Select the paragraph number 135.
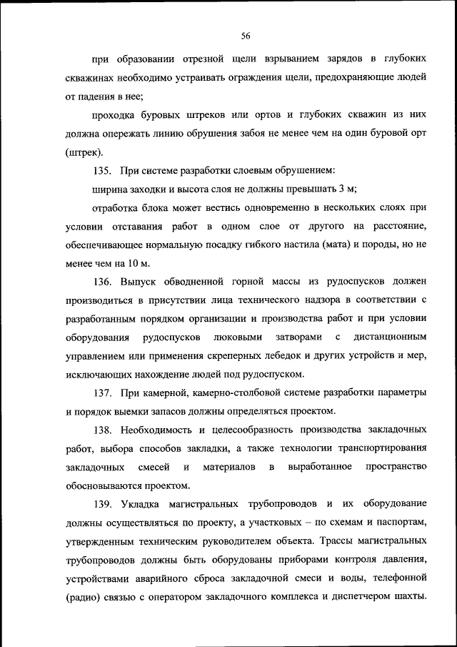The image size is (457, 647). point(103,170)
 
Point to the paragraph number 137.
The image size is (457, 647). point(103,392)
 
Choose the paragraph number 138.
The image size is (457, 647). point(103,430)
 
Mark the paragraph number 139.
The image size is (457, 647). point(103,504)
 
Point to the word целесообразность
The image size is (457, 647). point(241,430)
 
